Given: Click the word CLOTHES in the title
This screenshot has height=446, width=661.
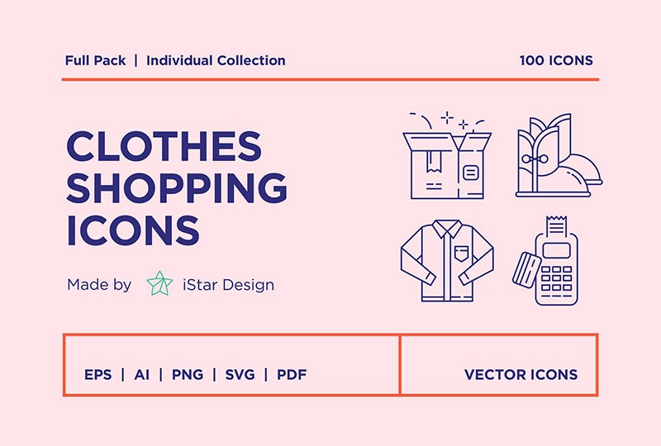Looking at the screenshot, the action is tap(164, 146).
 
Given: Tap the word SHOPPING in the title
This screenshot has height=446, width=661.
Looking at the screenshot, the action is tap(177, 187).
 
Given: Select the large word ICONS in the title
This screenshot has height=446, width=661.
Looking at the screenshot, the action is tap(133, 230).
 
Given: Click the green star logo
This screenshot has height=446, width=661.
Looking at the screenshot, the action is tap(159, 283).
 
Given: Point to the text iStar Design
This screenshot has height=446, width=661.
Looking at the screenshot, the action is tap(229, 285).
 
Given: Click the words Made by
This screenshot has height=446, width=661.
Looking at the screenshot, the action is tap(99, 285).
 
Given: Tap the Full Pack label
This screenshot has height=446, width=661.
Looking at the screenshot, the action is tap(95, 60).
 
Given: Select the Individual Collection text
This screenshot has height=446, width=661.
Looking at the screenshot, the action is tap(216, 60).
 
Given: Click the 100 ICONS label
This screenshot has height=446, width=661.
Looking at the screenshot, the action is tap(556, 60).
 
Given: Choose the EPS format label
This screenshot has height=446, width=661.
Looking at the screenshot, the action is tap(98, 375).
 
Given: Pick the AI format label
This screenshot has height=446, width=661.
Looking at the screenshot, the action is tap(141, 375).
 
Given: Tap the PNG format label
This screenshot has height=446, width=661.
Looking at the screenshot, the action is tap(188, 375).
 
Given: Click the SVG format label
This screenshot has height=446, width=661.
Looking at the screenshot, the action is tap(240, 375).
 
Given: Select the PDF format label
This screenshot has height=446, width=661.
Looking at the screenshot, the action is tap(292, 375).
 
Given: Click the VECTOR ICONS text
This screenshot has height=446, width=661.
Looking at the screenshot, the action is tap(521, 375).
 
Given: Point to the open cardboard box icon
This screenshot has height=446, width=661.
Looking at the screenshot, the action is tap(447, 166).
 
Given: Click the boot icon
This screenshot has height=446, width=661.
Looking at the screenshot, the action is tap(559, 155).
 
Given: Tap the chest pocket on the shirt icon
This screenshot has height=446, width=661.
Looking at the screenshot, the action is tap(461, 253).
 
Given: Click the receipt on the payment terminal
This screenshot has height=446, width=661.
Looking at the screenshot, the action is tap(556, 227).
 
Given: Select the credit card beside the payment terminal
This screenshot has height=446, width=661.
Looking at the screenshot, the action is tap(527, 268).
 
